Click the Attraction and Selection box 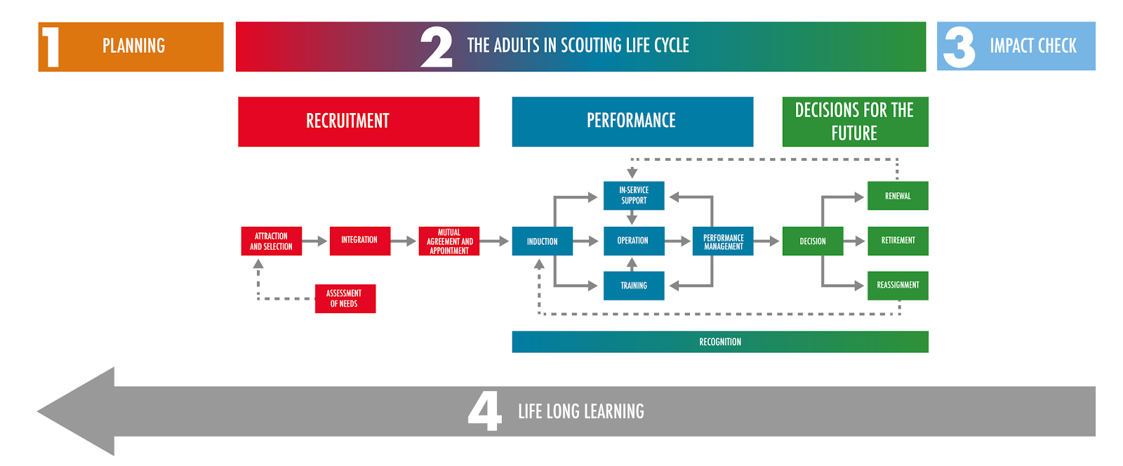coord(271,241)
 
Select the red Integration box coord(359,241)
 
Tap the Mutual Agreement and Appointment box coord(449,241)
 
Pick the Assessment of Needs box coord(345,298)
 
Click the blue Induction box coord(542,241)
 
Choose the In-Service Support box coord(633,196)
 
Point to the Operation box coord(633,241)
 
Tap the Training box coord(633,286)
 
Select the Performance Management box coord(723,241)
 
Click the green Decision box coord(813,241)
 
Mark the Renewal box coord(898,196)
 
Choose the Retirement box coord(898,241)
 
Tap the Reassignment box coord(898,286)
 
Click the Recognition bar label coord(720,342)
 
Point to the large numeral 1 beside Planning coord(51,47)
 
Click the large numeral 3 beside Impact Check coord(959,47)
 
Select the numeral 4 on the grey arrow coord(485,411)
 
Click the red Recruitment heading coord(359,121)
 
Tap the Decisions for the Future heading coord(855,121)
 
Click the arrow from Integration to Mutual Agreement coord(404,241)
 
